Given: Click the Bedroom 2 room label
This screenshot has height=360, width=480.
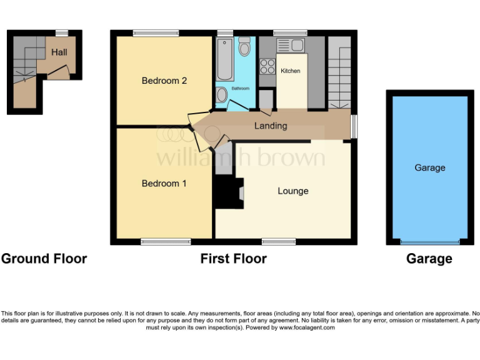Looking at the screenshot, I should click(x=164, y=81).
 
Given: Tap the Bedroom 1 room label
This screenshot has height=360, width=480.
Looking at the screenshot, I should click(x=164, y=184).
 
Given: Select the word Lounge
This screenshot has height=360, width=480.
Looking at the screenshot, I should click(x=293, y=191).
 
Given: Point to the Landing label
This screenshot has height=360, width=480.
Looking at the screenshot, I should click(x=271, y=126).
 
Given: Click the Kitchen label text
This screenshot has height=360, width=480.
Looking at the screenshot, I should click(x=290, y=71).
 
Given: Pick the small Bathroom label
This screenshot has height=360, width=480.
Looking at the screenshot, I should click(x=241, y=89).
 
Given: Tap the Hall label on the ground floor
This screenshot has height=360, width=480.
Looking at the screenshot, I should click(x=59, y=52).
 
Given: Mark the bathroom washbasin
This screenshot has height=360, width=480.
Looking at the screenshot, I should click(x=222, y=95).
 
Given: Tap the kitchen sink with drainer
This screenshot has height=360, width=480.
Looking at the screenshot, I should click(x=289, y=45).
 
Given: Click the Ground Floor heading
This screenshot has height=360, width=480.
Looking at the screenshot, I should click(x=44, y=259).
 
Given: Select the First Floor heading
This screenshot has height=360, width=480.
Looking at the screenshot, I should click(x=234, y=259).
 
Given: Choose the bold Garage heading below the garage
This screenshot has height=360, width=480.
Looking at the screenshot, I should click(x=429, y=259).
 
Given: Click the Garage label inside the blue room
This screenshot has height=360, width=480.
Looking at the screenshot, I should click(x=430, y=167).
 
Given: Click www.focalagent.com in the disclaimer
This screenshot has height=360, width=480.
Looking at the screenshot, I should click(x=307, y=327).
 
